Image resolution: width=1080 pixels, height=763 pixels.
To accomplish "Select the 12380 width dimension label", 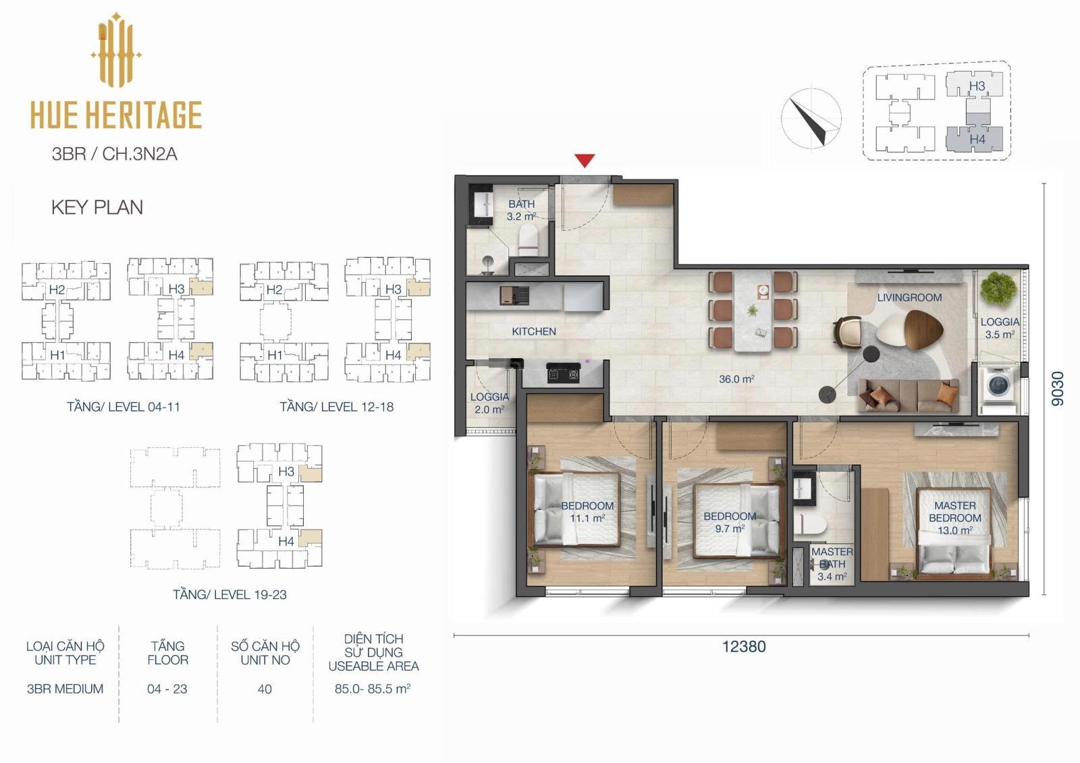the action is (744, 646).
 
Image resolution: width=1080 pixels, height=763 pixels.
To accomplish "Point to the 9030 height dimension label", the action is (1057, 389).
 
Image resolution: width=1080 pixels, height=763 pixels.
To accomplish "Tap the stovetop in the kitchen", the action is (563, 374).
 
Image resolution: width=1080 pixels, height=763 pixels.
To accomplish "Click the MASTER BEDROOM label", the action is (954, 512).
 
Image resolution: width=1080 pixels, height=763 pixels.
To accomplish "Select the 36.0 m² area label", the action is (736, 379).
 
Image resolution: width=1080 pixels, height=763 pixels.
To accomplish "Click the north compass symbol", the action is (811, 117).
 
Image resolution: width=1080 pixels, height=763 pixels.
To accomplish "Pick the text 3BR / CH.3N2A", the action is (114, 154).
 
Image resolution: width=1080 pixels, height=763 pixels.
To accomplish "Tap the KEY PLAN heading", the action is (97, 208).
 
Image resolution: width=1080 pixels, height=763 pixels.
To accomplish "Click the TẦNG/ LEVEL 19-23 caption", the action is (230, 595).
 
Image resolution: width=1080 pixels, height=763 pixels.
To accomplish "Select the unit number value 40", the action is (265, 689).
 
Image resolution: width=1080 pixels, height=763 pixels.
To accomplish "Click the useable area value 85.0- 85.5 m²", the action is (373, 689).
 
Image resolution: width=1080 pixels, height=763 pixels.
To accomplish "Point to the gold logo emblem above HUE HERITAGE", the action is (116, 50).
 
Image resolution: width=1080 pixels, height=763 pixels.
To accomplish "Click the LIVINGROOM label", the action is (909, 298).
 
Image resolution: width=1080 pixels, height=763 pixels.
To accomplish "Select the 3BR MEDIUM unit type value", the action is (65, 689).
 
